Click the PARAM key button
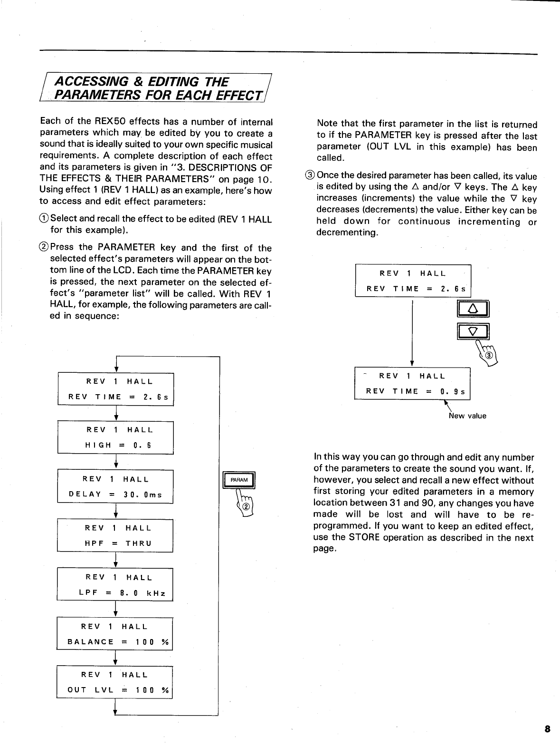click(x=239, y=480)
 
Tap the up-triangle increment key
click(x=473, y=309)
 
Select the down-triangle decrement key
click(x=473, y=331)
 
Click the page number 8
click(x=547, y=729)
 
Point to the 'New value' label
click(x=467, y=416)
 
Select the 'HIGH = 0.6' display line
click(x=118, y=445)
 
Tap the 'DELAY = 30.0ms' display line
click(x=115, y=495)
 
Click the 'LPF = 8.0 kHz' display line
click(x=122, y=593)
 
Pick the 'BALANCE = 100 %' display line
click(x=118, y=641)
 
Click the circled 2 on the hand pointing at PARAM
click(x=247, y=506)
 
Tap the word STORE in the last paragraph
click(x=364, y=537)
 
